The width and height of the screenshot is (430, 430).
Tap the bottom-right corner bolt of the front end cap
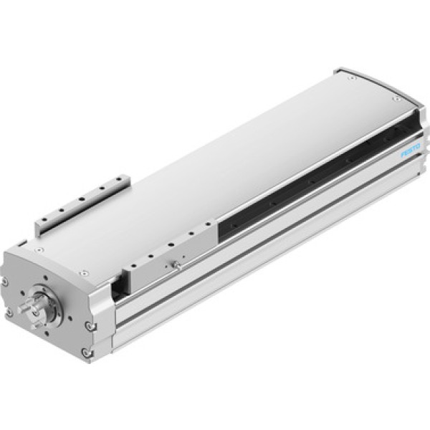pyautogui.click(x=87, y=352)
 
